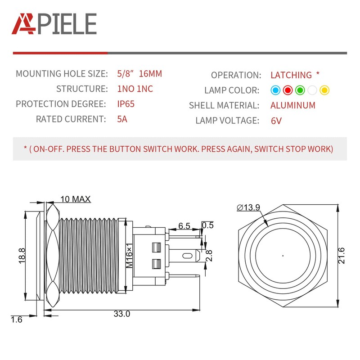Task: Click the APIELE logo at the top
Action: coord(54,23)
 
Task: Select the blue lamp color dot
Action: coord(275,90)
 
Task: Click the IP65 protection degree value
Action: coord(126,104)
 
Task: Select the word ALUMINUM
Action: coord(293,106)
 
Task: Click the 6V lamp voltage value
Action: coord(276,121)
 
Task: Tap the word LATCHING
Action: coord(291,75)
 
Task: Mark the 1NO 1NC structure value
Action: coord(135,89)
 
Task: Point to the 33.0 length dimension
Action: coord(121,314)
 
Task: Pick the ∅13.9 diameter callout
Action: coord(248,207)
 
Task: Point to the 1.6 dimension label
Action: coord(16,319)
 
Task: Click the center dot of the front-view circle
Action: coord(283,256)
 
